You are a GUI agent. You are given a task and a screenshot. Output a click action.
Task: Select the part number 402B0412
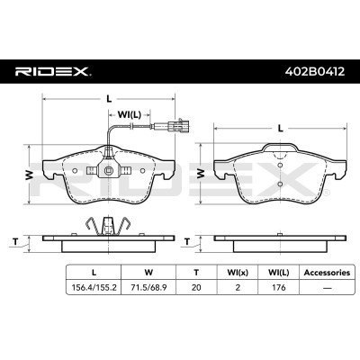(315, 71)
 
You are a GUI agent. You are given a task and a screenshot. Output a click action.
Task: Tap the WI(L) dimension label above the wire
(130, 114)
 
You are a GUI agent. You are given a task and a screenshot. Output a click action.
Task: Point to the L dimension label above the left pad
(109, 98)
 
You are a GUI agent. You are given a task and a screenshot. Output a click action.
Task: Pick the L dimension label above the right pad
(281, 129)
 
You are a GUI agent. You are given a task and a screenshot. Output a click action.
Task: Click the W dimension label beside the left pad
(29, 175)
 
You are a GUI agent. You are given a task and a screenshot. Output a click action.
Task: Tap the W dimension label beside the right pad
(201, 173)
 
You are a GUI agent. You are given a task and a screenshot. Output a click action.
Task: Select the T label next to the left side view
(15, 240)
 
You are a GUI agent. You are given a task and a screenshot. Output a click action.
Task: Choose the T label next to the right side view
(187, 241)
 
